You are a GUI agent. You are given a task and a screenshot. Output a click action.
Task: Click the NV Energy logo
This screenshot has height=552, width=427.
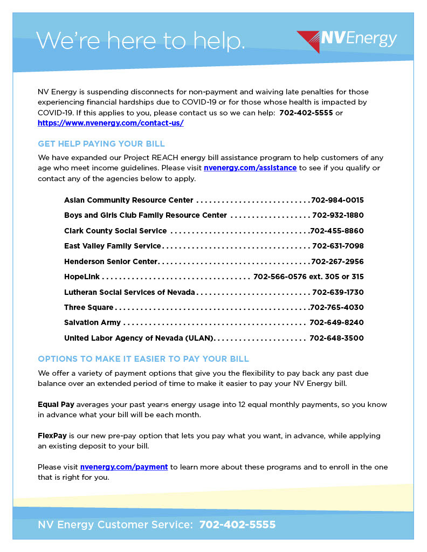(x=347, y=40)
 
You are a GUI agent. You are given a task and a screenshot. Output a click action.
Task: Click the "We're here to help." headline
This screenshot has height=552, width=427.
(x=140, y=40)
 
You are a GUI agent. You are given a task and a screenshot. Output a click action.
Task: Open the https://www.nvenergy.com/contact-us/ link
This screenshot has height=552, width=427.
(x=111, y=123)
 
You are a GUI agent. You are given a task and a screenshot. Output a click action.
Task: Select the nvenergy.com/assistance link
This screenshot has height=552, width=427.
(x=250, y=168)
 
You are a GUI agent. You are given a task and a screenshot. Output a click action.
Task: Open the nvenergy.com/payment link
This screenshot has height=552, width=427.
(x=124, y=467)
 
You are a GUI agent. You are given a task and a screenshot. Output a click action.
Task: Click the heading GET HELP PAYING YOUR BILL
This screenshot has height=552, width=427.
(x=101, y=144)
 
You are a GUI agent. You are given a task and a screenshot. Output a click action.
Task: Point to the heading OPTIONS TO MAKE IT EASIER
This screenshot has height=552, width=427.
(x=143, y=359)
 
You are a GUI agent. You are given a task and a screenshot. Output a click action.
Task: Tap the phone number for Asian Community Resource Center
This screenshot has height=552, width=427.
(x=338, y=200)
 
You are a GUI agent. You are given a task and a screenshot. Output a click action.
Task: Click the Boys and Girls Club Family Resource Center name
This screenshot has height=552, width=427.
(x=146, y=215)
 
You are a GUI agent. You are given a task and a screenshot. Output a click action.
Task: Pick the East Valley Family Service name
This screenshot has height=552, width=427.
(x=113, y=246)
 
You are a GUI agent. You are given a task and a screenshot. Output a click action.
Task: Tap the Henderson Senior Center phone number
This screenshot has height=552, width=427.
(x=338, y=261)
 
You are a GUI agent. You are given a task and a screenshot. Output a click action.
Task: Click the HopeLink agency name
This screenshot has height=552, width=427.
(x=82, y=277)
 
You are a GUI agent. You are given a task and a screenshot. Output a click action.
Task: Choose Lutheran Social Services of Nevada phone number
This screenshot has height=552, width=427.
(x=338, y=292)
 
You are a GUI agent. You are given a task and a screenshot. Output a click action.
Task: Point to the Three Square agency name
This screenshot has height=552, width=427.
(x=89, y=307)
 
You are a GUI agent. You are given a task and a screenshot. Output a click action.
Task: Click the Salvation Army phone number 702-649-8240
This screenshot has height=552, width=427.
(x=336, y=323)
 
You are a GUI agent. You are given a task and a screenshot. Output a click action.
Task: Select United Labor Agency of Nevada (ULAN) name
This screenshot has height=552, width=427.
(x=139, y=338)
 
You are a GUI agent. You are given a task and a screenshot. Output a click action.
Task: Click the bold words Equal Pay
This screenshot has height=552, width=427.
(x=56, y=404)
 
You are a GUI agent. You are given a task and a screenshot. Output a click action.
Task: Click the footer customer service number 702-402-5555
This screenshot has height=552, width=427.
(x=237, y=525)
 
